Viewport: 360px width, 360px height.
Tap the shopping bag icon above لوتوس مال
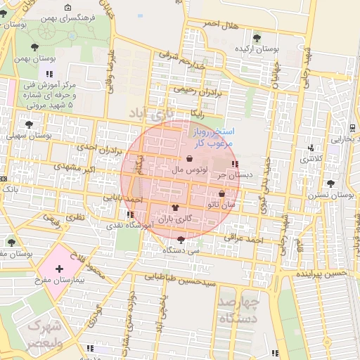pos(189,158)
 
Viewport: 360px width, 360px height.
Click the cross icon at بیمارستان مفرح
pos(59,269)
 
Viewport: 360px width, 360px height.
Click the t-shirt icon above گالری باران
pos(176,207)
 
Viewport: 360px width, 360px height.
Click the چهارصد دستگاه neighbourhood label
pos(238,309)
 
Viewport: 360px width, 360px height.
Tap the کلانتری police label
pos(314,159)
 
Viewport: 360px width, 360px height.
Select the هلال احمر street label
pos(222,25)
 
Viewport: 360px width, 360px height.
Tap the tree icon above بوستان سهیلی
pos(29,124)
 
